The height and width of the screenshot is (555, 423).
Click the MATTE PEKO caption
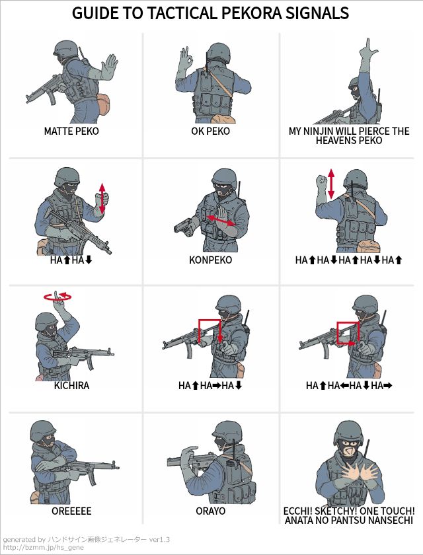[x=71, y=131]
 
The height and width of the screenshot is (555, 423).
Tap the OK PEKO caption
[x=211, y=131]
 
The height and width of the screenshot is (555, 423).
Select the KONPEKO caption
[x=211, y=260]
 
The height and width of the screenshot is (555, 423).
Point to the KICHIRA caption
[x=71, y=385]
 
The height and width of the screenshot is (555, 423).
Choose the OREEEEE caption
[x=71, y=511]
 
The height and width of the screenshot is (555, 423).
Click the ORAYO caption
[x=211, y=511]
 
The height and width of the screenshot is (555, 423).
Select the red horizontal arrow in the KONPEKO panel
[x=221, y=220]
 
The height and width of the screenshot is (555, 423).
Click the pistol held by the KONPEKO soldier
[x=183, y=227]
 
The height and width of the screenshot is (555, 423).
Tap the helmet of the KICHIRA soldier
[x=46, y=320]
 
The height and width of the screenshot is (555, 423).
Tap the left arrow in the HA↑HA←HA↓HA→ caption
[x=344, y=385]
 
